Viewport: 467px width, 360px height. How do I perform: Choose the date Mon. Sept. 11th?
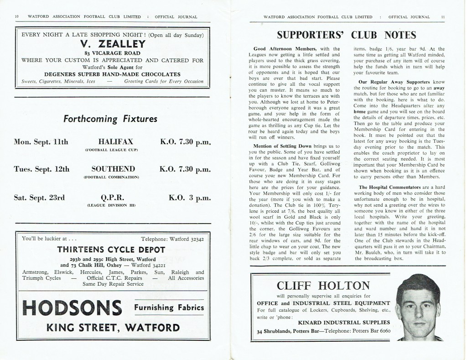tap(42, 142)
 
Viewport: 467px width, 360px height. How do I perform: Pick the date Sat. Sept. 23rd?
tap(41, 198)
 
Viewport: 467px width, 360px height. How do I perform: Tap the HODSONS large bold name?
tap(72, 308)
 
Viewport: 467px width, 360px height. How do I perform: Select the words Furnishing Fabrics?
tap(168, 307)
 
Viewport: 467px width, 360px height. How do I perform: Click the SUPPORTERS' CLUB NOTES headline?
tap(347, 35)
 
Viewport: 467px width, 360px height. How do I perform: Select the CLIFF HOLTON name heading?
tap(323, 286)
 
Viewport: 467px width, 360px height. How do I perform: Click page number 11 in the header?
tap(443, 17)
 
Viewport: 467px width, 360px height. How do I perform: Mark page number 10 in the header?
tap(17, 17)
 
